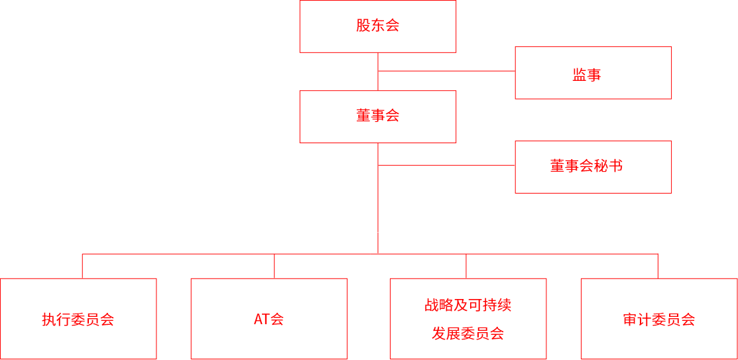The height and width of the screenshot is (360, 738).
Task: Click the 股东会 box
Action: [378, 27]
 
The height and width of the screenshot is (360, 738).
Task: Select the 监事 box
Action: [593, 73]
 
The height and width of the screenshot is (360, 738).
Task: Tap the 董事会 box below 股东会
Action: [378, 117]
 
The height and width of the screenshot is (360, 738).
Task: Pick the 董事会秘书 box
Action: [593, 167]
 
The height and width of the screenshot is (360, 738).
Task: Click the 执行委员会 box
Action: [78, 319]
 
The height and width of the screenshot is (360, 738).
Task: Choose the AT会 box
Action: [269, 319]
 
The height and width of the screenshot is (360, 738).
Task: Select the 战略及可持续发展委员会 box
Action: [468, 319]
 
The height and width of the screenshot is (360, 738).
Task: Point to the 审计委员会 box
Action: [659, 319]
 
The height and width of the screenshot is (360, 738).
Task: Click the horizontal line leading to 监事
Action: [446, 71]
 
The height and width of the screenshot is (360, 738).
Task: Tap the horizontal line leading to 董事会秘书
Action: [446, 165]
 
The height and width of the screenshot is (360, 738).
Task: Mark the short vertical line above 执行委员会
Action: [82, 266]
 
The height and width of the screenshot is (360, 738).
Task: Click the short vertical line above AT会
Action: [275, 266]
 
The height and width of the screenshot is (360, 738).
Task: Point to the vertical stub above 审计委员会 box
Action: [658, 266]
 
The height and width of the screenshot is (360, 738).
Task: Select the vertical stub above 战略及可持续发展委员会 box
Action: [466, 266]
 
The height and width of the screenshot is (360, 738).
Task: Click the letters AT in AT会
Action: [261, 319]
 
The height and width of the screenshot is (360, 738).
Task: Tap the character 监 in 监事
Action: [580, 75]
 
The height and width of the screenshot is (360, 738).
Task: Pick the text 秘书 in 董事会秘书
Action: [609, 166]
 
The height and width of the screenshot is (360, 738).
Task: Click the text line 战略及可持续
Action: [468, 305]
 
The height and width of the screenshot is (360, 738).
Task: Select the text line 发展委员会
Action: [468, 333]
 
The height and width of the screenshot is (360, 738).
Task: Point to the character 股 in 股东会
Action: [363, 26]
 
